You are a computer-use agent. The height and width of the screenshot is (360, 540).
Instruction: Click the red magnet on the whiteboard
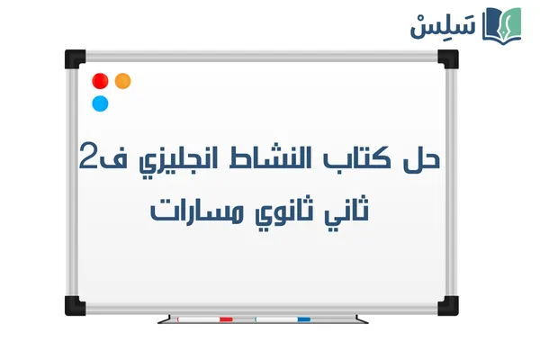point(100,81)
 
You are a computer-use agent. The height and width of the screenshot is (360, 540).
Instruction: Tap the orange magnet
point(123,81)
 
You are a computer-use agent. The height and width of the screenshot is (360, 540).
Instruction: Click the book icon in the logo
point(503,24)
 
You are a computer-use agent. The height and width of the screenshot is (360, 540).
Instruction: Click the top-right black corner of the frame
point(447,59)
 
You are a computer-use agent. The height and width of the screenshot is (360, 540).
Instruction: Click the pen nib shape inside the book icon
point(506,22)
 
